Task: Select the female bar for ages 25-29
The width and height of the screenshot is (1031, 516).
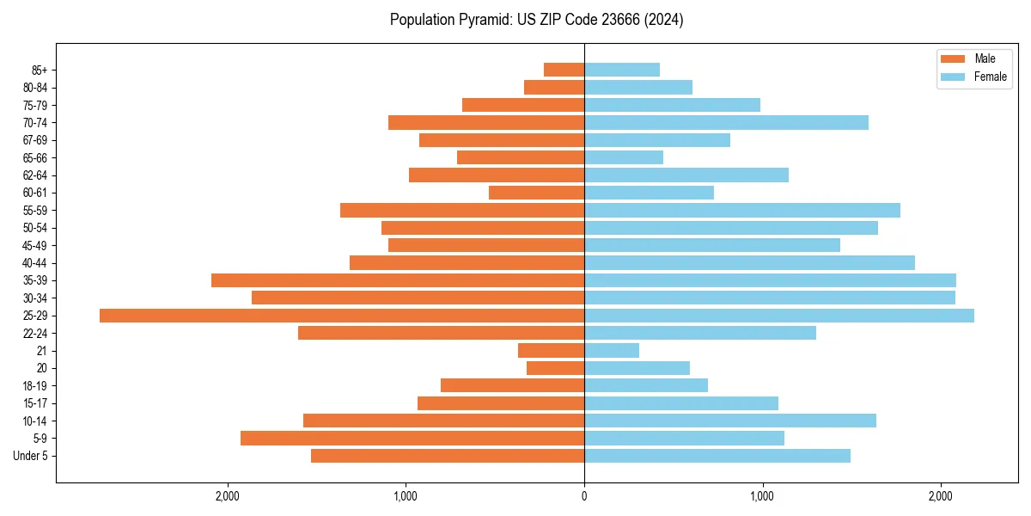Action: [x=778, y=316]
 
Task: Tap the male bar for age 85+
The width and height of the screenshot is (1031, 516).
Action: [x=564, y=70]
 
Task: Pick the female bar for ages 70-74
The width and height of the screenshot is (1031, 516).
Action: [x=726, y=122]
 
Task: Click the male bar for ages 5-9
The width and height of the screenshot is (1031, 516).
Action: [x=412, y=438]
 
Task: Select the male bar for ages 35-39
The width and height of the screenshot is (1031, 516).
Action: [x=398, y=280]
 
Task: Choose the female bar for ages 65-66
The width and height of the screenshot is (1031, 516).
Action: [x=624, y=157]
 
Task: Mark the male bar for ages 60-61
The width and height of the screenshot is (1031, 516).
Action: [x=536, y=193]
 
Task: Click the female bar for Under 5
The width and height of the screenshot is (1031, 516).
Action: [x=717, y=456]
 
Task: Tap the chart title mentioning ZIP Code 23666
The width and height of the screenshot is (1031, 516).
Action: [x=536, y=20]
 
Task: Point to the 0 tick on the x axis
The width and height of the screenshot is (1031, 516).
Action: [x=584, y=496]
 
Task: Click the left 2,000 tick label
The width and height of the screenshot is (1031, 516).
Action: [x=228, y=496]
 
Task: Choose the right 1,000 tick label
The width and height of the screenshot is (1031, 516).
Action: [x=762, y=496]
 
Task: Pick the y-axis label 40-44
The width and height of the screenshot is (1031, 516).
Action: [x=35, y=263]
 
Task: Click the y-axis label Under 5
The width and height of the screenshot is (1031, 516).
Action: [x=31, y=456]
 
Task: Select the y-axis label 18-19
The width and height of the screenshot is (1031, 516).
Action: [x=35, y=385]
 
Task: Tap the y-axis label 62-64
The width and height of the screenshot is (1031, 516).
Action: [x=35, y=175]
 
